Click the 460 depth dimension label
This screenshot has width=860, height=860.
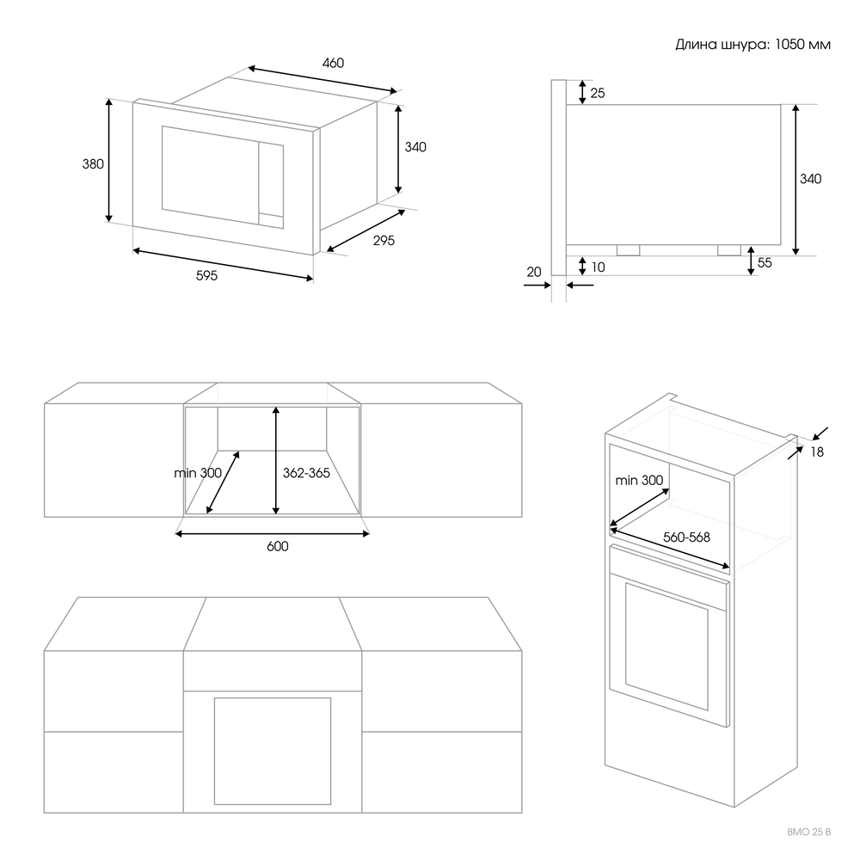tap(333, 63)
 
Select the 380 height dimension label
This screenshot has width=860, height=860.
tap(93, 163)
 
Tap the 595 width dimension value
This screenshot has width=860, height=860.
tap(206, 276)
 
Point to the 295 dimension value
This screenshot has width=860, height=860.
tap(384, 241)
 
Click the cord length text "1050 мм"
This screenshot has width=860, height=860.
tap(802, 45)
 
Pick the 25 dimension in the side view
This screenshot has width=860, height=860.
tap(598, 93)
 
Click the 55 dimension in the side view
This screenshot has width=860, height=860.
tap(765, 263)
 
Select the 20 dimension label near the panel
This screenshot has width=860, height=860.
tap(534, 272)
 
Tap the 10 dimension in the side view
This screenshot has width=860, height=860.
tap(598, 267)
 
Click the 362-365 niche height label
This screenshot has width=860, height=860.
tap(306, 472)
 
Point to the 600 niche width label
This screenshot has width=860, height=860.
tap(277, 547)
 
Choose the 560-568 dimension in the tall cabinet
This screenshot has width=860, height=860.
tap(686, 537)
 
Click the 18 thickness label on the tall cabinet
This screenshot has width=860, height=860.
tap(816, 451)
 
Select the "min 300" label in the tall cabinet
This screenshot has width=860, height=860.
tap(639, 480)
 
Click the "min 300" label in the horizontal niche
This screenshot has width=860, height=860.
tap(197, 472)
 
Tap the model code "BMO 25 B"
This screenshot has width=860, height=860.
tap(809, 832)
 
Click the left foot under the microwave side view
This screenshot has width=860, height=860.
tap(627, 249)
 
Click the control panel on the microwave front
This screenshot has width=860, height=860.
tap(272, 186)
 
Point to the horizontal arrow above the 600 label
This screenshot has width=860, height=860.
tap(272, 533)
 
